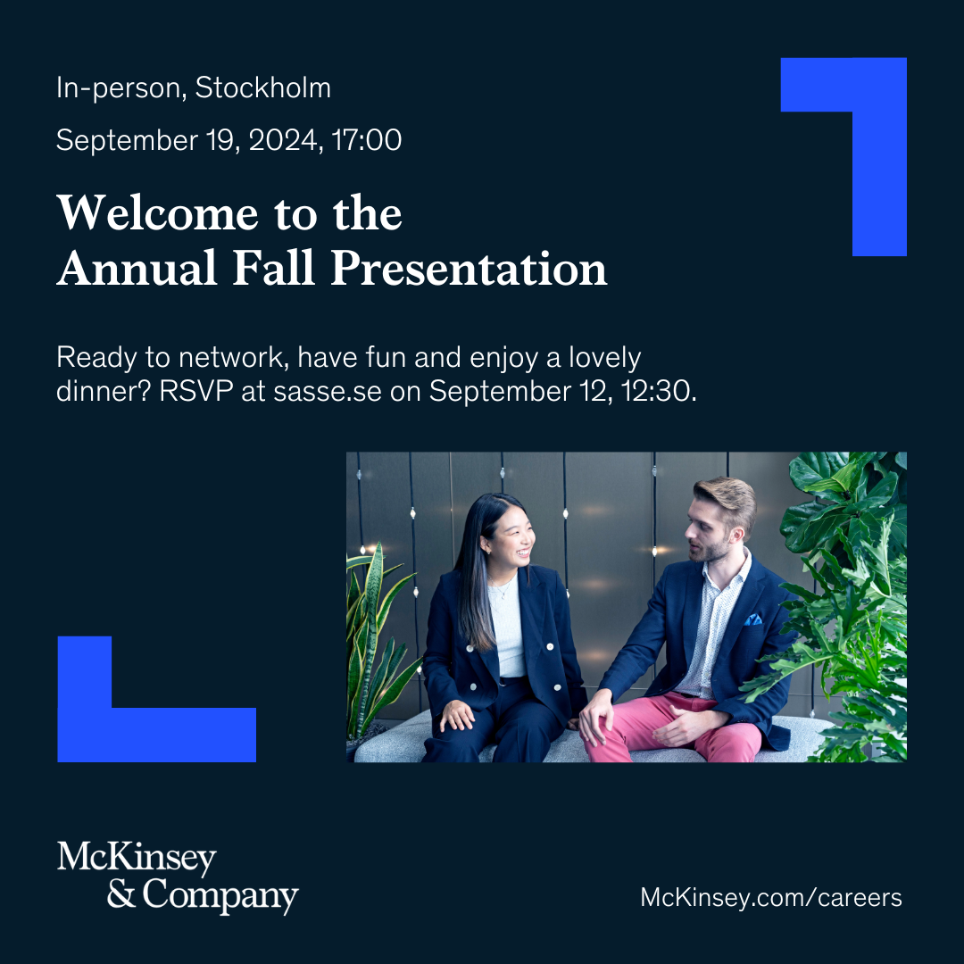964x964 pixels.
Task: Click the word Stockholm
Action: [x=263, y=87]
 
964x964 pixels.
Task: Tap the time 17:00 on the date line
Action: [x=367, y=140]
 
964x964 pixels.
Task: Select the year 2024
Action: [x=283, y=141]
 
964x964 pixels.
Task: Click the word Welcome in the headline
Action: [x=157, y=213]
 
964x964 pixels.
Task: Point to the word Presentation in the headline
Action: [x=470, y=270]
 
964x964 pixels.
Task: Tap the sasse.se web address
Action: [x=327, y=392]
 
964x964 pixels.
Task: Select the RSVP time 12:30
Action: [x=659, y=392]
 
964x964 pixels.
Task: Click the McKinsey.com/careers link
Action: [x=771, y=898]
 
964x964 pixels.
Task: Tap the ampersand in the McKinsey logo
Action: [x=121, y=893]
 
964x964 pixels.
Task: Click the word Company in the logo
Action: [x=220, y=896]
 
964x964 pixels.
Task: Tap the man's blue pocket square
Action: [x=753, y=619]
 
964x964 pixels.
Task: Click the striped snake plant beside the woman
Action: [x=372, y=639]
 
